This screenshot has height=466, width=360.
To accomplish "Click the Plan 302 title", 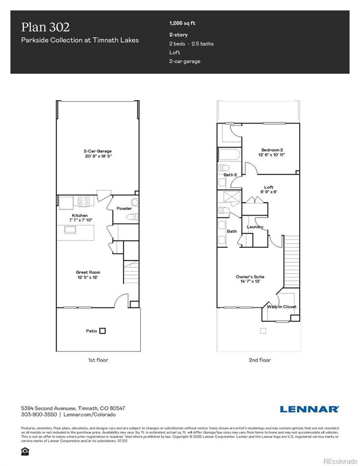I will tap(45, 27).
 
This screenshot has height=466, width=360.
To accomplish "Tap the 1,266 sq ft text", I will tap(182, 24).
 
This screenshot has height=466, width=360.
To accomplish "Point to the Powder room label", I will tap(124, 209).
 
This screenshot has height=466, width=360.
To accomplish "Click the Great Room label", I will tap(88, 272).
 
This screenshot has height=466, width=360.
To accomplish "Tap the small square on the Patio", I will tap(102, 331).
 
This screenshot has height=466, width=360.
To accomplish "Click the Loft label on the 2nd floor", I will tap(269, 187).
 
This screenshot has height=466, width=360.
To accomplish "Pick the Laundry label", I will tap(255, 227).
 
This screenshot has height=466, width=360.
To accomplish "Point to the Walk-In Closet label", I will tap(281, 306).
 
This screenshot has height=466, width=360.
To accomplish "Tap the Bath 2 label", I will tap(230, 175).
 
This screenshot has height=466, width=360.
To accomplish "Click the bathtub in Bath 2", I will tap(229, 154).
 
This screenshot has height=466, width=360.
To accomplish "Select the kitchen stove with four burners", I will tap(84, 202).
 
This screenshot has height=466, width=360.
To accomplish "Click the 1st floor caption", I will tap(98, 360).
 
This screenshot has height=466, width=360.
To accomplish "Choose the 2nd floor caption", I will tap(259, 360).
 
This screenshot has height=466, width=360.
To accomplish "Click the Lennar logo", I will tap(309, 409).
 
